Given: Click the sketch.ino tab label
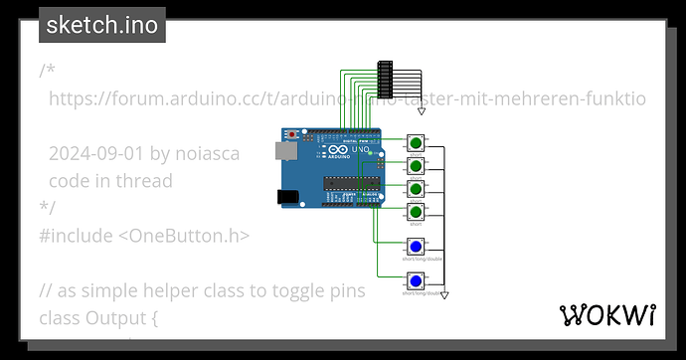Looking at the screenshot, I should coord(101,26).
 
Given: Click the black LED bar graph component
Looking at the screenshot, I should coord(386,79).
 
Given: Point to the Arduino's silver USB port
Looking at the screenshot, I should coord(287,150).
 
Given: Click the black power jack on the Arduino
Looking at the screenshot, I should coord(288,196).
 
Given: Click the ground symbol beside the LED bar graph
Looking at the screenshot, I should coord(421,111).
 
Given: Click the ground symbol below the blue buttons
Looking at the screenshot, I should coord(444,295).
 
